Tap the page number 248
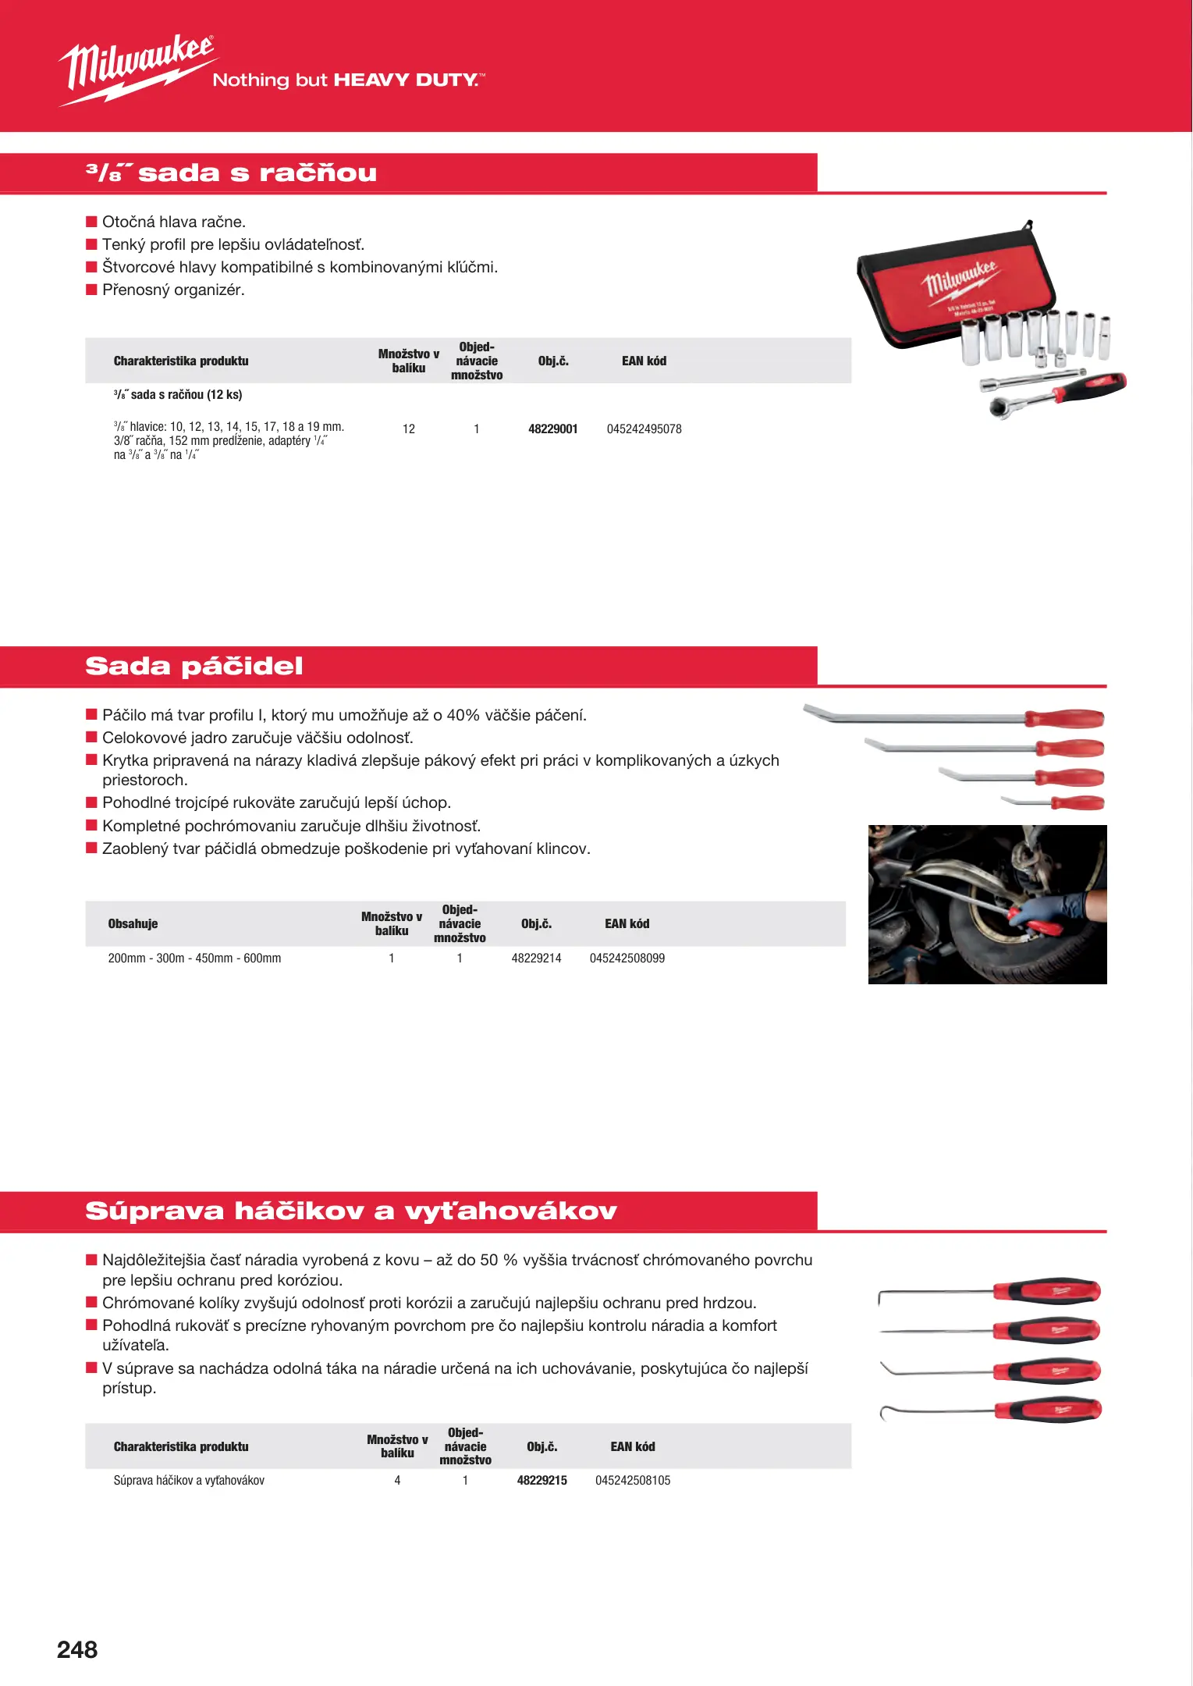(77, 1649)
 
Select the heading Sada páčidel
(194, 666)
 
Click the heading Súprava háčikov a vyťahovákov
(351, 1211)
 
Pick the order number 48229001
(552, 429)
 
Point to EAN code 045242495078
(644, 429)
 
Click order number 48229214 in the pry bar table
(536, 958)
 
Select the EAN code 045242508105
(633, 1480)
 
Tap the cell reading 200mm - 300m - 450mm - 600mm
(194, 958)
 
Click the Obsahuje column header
(133, 923)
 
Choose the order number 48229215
(541, 1480)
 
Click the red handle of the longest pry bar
(1064, 718)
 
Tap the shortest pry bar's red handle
(1078, 802)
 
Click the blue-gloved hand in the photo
(1053, 908)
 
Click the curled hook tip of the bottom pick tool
(884, 1413)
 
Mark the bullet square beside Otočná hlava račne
(91, 222)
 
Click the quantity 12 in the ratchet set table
(409, 429)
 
